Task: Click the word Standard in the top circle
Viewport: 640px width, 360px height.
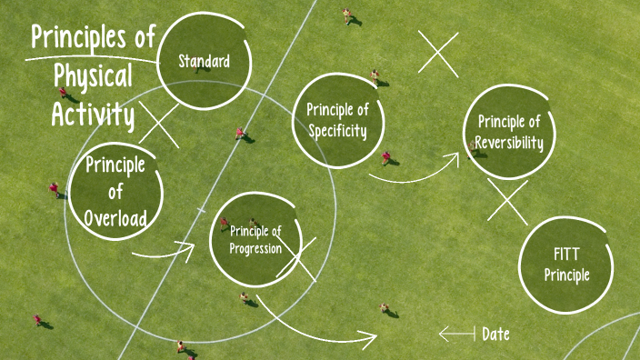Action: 204,62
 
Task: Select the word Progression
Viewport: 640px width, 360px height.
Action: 255,249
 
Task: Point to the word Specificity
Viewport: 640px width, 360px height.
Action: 337,130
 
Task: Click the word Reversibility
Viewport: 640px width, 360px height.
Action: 510,143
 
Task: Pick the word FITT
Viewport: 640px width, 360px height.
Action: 566,254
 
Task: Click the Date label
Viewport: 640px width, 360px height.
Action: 495,335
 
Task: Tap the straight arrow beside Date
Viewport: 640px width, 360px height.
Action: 456,335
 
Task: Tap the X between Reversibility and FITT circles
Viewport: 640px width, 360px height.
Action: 507,202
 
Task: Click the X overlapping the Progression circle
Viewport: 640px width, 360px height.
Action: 297,259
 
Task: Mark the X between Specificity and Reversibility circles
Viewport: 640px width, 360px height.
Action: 438,52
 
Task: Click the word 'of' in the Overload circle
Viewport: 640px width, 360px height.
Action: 115,193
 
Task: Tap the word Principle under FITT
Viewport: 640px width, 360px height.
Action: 567,275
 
